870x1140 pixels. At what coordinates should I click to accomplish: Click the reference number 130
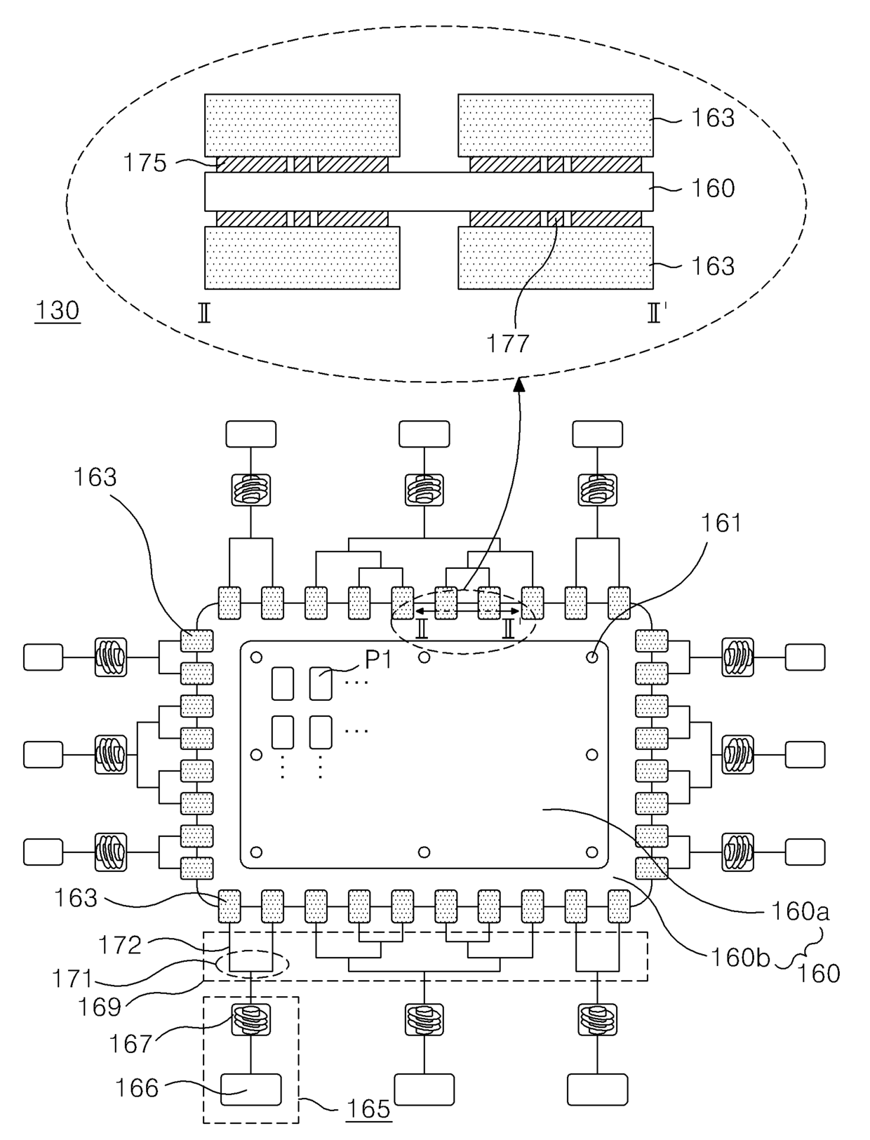[x=58, y=310]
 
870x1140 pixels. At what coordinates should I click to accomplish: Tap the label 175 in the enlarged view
[x=145, y=163]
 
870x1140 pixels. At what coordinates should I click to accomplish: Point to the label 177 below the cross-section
[x=509, y=343]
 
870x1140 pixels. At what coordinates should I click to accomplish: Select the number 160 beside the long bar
[x=713, y=188]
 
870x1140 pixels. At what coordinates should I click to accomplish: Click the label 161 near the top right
[x=721, y=523]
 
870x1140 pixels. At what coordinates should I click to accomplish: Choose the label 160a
[x=800, y=911]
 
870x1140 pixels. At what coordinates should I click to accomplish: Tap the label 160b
[x=740, y=957]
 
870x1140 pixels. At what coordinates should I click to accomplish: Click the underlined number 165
[x=369, y=1109]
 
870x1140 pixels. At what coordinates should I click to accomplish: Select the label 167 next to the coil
[x=130, y=1044]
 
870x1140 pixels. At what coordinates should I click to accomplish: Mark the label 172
[x=121, y=945]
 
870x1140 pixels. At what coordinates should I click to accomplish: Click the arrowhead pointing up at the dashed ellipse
[x=520, y=382]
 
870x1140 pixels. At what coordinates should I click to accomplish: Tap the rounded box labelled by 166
[x=250, y=1089]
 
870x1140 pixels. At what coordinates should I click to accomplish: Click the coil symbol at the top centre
[x=424, y=489]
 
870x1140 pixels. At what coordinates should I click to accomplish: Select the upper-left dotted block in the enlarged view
[x=302, y=125]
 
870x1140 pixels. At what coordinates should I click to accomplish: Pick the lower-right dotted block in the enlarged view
[x=556, y=257]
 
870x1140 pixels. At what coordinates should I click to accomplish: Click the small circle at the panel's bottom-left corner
[x=256, y=852]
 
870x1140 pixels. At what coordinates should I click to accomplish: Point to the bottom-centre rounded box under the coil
[x=424, y=1089]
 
